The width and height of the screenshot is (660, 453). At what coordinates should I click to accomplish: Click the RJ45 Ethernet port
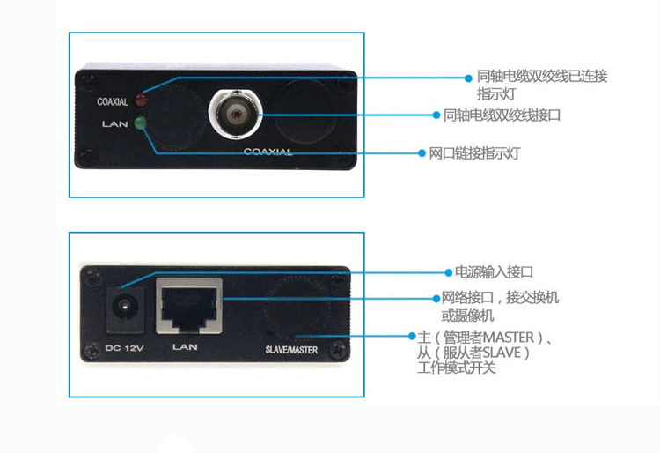point(187,305)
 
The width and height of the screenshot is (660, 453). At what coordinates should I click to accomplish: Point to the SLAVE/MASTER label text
point(290,350)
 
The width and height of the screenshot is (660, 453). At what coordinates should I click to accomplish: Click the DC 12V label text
point(123,347)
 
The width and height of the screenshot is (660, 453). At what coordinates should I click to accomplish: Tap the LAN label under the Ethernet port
point(185,347)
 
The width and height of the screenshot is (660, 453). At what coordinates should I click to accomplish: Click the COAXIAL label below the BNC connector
point(268,152)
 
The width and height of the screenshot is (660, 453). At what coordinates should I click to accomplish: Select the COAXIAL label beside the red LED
point(113,102)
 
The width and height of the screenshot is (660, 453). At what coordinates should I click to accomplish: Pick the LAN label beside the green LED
point(114,124)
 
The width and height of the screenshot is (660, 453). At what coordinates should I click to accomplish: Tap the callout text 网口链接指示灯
point(475,153)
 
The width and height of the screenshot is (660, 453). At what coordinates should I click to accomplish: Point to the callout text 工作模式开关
point(457,368)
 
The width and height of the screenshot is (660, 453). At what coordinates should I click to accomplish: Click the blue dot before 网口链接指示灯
point(422,153)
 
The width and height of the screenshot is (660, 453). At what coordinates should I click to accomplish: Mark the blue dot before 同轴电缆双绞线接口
point(436,115)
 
